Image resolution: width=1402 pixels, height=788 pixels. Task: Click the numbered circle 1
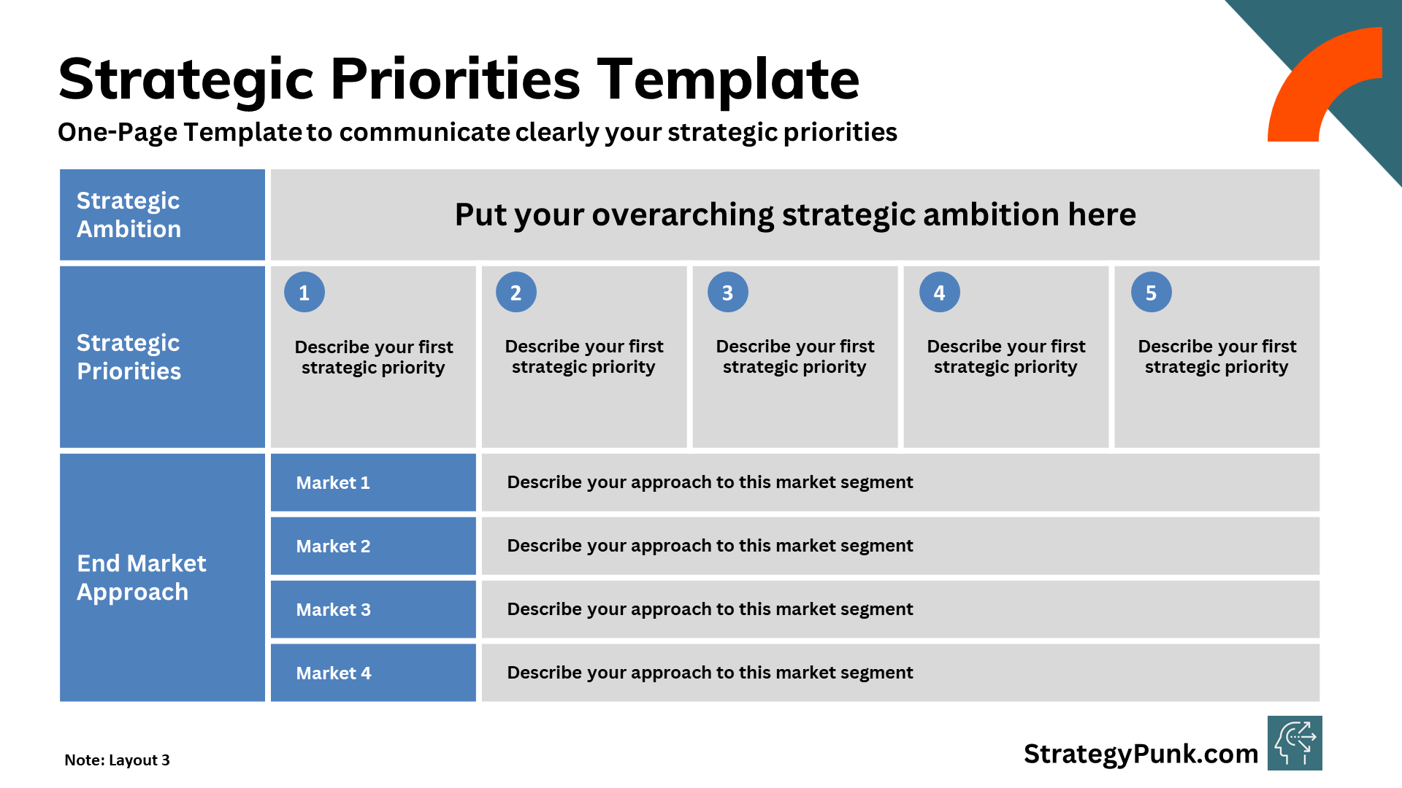coord(304,293)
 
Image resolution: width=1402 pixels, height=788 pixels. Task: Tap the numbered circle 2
coord(516,293)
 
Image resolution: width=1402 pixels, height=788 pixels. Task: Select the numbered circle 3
coord(728,293)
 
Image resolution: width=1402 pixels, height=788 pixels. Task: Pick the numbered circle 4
coord(940,293)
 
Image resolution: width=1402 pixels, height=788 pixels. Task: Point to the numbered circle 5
coord(1152,293)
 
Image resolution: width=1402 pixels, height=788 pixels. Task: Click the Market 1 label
coord(333,483)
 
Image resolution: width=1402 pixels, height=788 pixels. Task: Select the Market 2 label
coord(333,546)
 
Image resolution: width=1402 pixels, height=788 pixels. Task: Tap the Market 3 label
coord(333,610)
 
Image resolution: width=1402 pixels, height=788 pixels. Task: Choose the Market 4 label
coord(333,673)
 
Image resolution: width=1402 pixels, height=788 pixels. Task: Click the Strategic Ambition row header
coord(129,215)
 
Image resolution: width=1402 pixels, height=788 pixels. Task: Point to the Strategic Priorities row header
coord(129,357)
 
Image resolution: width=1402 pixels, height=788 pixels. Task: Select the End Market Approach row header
coord(142,577)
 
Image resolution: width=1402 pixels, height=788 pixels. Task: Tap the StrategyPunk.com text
coord(1141,754)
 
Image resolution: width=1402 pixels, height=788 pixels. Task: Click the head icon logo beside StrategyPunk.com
coord(1295,743)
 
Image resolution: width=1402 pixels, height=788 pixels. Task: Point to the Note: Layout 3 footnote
coord(117,760)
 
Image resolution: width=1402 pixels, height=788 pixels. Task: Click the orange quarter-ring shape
coord(1307,80)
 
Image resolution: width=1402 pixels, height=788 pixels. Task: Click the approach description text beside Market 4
coord(710,673)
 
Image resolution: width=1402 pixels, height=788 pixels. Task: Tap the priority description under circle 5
coord(1217,357)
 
